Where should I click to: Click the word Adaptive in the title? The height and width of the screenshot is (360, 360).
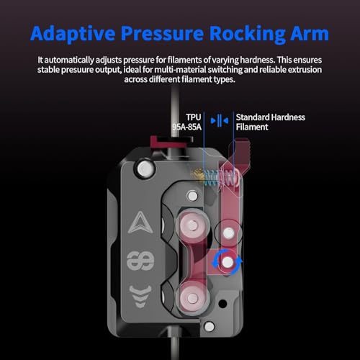pos(73,34)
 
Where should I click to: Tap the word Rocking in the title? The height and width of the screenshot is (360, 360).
pos(247,34)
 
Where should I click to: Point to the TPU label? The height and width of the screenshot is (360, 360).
pos(194,117)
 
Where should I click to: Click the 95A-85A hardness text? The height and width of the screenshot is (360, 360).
pos(187,127)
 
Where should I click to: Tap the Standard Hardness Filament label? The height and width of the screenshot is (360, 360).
pos(271,122)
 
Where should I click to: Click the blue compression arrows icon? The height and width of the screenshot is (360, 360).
pos(219,121)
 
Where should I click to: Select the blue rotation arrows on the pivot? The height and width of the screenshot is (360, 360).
pos(227,262)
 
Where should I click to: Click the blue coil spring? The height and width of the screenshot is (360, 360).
pos(211,178)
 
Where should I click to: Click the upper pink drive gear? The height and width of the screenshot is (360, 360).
pos(193,225)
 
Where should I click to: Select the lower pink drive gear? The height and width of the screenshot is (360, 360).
pos(193,298)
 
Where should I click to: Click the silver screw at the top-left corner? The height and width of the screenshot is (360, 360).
pos(144,168)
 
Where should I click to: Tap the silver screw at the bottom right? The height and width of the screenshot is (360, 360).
pos(209,327)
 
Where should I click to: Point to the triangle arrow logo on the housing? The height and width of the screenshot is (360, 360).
pos(140,222)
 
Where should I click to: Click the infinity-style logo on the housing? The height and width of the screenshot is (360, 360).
pos(140,261)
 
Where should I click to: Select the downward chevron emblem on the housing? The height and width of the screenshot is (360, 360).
pos(140,297)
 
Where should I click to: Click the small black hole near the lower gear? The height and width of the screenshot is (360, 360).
pos(223,304)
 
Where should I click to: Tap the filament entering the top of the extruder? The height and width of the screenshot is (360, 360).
pos(174,113)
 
